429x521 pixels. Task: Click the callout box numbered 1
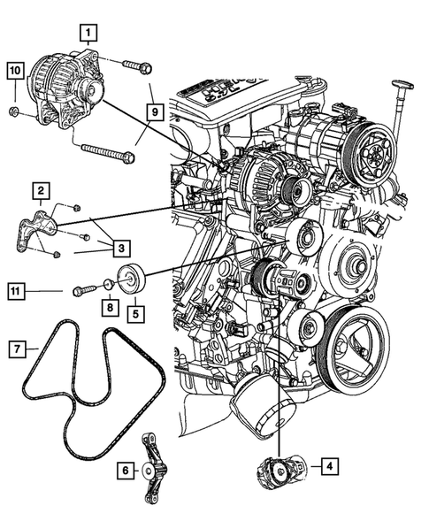(x=87, y=34)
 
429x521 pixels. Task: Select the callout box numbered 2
(x=41, y=189)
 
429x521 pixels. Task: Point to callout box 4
(x=328, y=466)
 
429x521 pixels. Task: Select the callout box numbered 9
(x=152, y=112)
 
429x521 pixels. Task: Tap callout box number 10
(x=15, y=69)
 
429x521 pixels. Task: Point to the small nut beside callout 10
(x=15, y=112)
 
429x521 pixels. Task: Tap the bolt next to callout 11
(x=85, y=287)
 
